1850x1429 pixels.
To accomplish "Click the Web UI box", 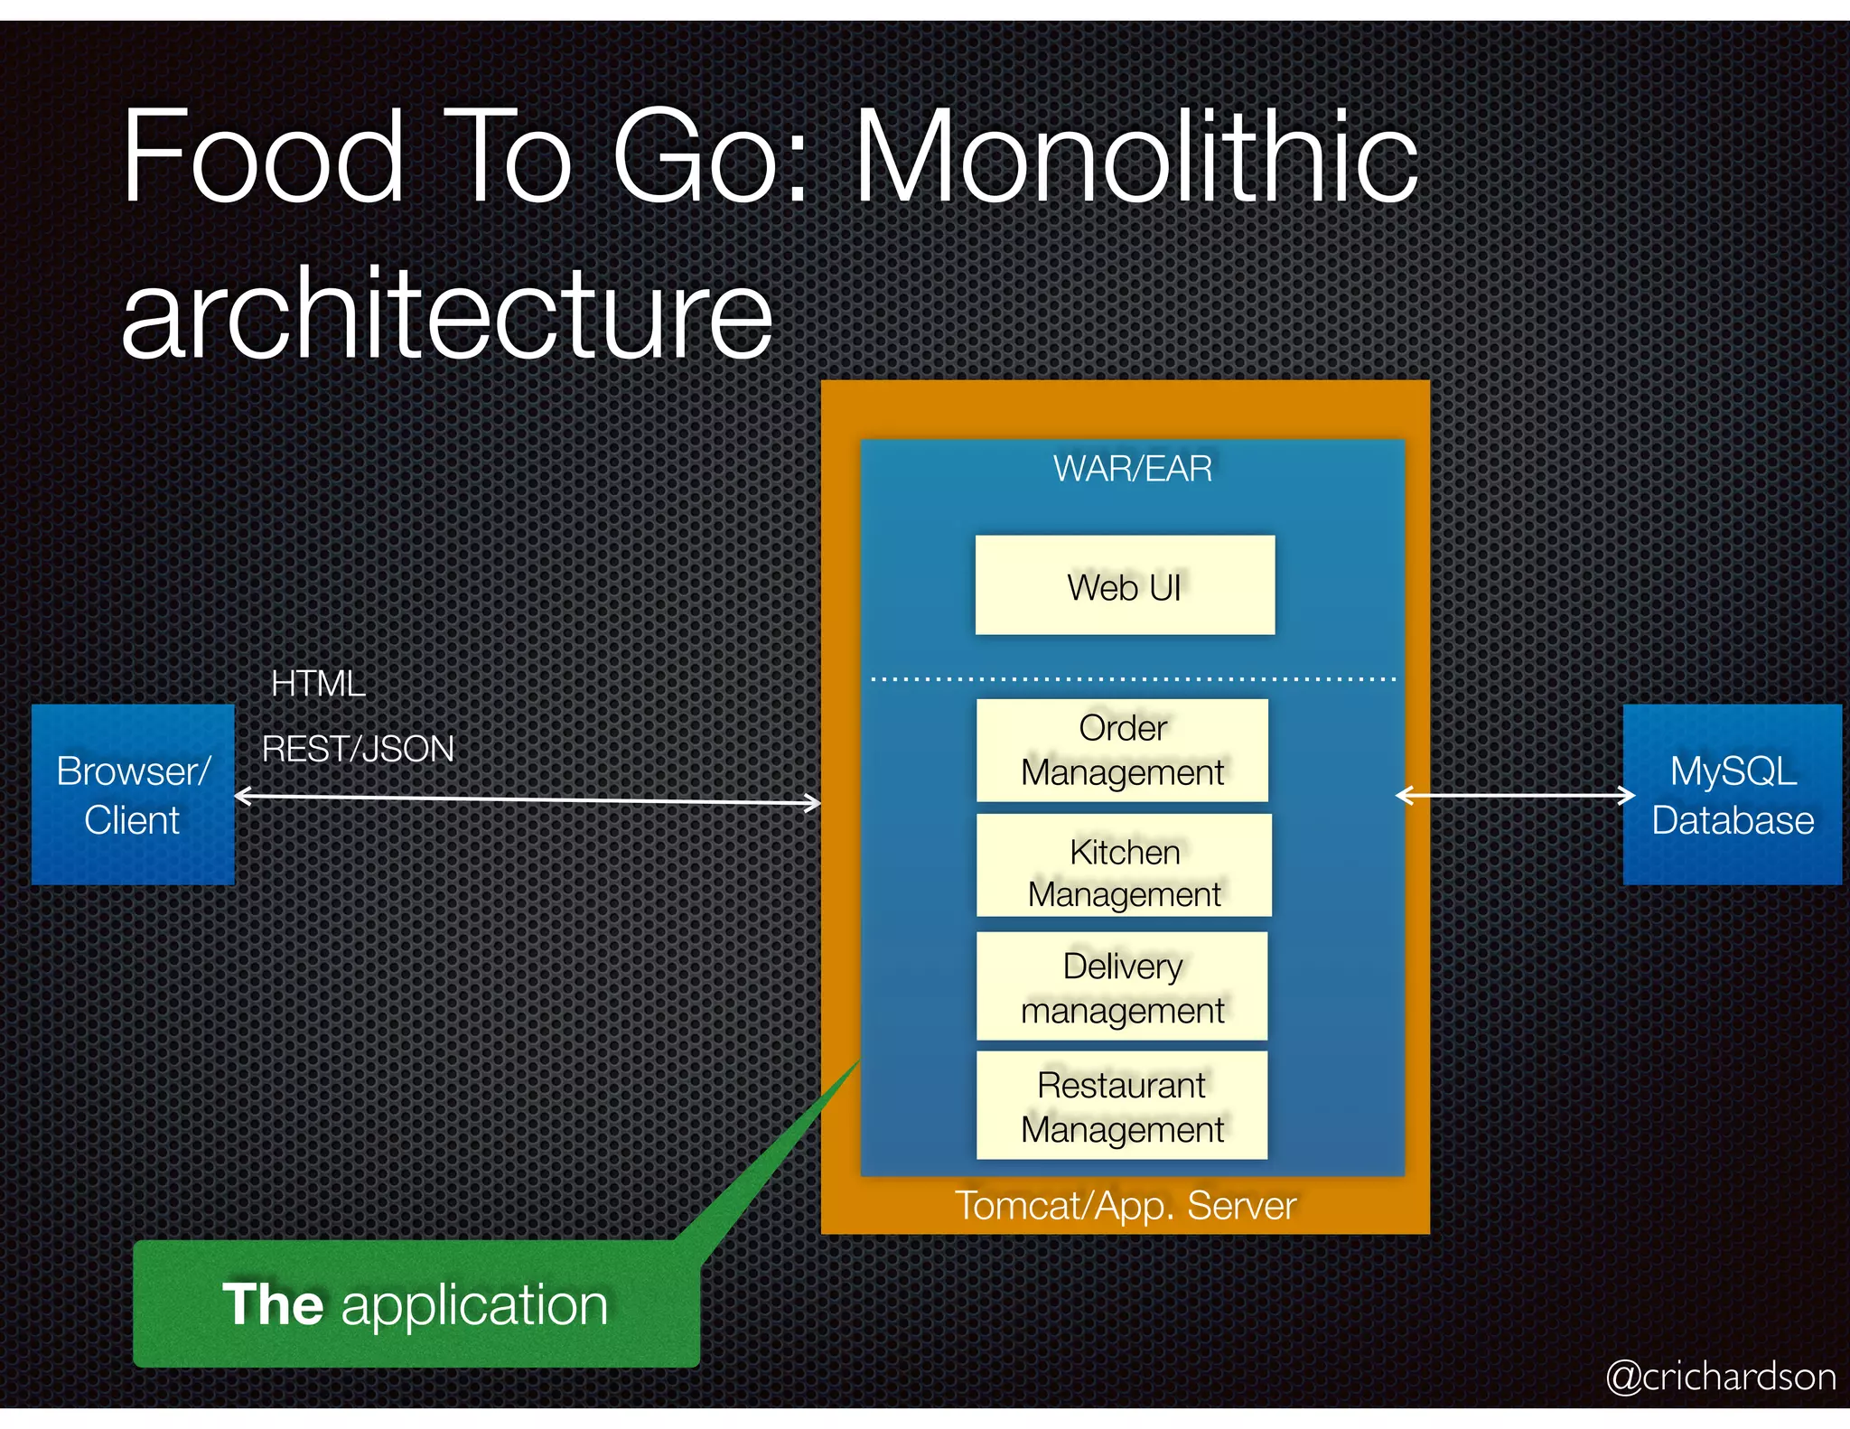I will click(1125, 585).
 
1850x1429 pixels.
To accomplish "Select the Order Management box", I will click(1122, 750).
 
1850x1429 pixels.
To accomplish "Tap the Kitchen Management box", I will click(1124, 865).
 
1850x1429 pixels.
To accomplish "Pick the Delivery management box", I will click(1122, 986).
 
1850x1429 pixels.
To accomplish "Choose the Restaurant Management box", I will click(1122, 1106).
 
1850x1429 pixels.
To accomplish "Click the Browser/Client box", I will click(133, 795).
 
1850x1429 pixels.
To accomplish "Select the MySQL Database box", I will click(1732, 795).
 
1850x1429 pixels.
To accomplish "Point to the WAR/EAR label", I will click(1133, 469).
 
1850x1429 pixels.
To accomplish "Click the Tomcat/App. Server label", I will click(1126, 1206).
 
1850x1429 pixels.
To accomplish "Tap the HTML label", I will click(318, 684).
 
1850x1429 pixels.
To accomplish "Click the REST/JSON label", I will click(358, 749).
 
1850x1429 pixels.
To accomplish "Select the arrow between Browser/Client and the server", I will click(528, 799).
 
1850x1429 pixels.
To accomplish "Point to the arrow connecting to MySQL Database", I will click(1515, 796).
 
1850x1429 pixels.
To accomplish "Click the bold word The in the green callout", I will click(273, 1304).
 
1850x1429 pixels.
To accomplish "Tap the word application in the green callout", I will click(474, 1306).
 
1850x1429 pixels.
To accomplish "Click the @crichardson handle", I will click(1721, 1377).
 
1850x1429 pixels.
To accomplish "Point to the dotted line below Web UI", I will click(1133, 678).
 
